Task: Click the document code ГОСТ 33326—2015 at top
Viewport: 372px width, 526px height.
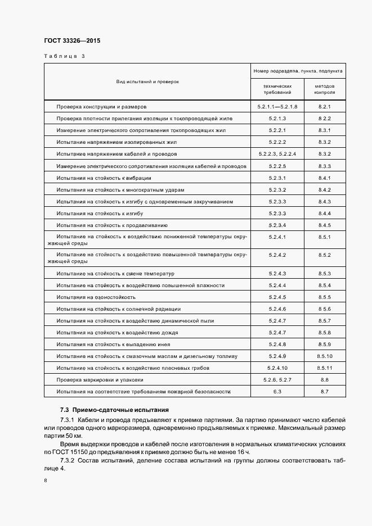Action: [71, 41]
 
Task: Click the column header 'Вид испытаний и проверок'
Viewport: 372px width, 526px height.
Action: [147, 81]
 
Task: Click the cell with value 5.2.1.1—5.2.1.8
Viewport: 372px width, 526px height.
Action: [277, 106]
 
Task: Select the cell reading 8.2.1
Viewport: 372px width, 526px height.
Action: [324, 106]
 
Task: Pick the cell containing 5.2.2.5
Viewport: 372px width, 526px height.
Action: [277, 166]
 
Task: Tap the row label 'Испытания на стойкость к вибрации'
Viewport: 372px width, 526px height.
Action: [104, 178]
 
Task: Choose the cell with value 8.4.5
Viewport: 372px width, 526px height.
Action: [324, 225]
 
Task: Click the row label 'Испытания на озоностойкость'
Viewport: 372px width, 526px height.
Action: [96, 297]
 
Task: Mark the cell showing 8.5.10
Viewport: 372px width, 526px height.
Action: [324, 356]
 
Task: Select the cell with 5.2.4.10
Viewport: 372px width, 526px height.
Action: [277, 368]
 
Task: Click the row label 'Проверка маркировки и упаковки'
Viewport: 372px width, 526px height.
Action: [99, 380]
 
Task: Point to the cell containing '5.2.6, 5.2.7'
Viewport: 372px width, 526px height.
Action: [277, 380]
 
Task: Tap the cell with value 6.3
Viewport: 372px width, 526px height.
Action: [277, 392]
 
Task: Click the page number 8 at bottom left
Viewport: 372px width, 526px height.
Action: [45, 481]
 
